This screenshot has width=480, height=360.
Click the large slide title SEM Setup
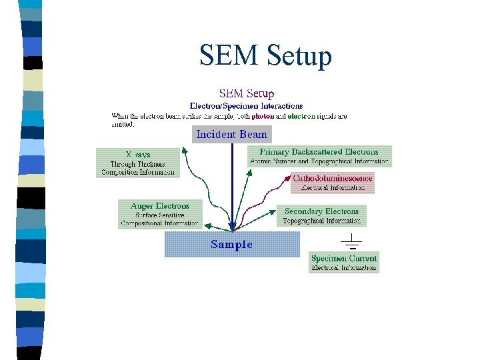click(265, 56)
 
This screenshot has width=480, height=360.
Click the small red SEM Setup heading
click(246, 93)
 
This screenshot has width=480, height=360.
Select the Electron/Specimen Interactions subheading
click(246, 105)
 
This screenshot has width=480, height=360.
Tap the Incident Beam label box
click(231, 134)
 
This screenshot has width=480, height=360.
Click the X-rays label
click(138, 154)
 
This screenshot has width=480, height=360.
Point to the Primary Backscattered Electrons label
click(319, 151)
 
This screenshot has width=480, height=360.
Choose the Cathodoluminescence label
click(333, 178)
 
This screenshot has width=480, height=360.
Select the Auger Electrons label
click(159, 206)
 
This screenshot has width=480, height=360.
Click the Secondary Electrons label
click(322, 211)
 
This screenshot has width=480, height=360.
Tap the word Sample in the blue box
click(231, 244)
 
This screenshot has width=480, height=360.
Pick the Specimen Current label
click(344, 258)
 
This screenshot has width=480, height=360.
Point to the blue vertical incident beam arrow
click(232, 187)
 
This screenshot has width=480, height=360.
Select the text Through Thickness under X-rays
click(138, 163)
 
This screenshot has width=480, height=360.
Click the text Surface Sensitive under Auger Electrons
click(159, 215)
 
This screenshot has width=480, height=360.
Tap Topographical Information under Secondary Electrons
click(322, 221)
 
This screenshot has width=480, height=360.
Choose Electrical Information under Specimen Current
click(344, 268)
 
